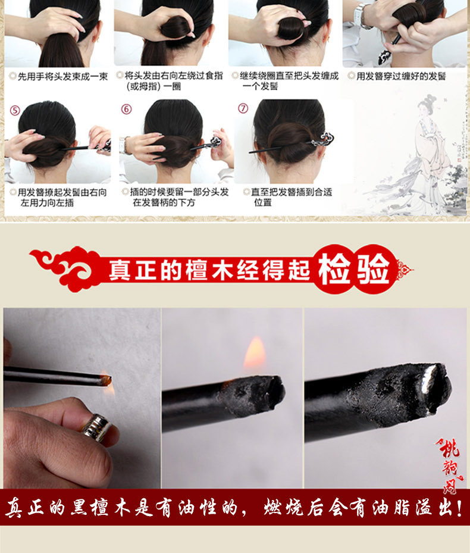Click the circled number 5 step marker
coord(15,110)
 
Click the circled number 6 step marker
coord(126,109)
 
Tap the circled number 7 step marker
coord(243,108)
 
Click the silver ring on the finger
coord(95,427)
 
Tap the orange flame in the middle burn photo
coord(255,354)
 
